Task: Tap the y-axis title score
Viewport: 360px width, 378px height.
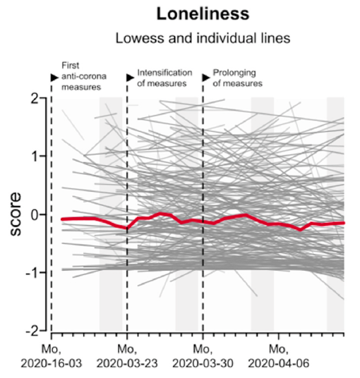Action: (x=22, y=214)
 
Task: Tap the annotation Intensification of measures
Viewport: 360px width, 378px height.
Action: (x=162, y=78)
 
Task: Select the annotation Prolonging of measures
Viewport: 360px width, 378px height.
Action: (x=237, y=78)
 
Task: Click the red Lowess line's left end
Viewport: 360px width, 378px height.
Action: (x=62, y=219)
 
